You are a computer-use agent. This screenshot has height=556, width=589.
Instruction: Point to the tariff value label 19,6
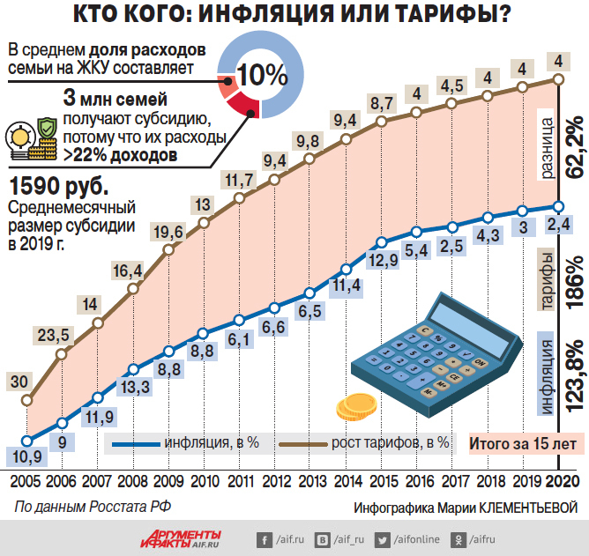tap(168, 232)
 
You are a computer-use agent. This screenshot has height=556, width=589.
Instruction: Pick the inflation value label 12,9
tap(383, 260)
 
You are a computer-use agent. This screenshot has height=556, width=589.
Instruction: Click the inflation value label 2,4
tap(557, 225)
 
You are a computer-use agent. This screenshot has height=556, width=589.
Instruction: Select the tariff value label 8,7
tap(382, 103)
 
